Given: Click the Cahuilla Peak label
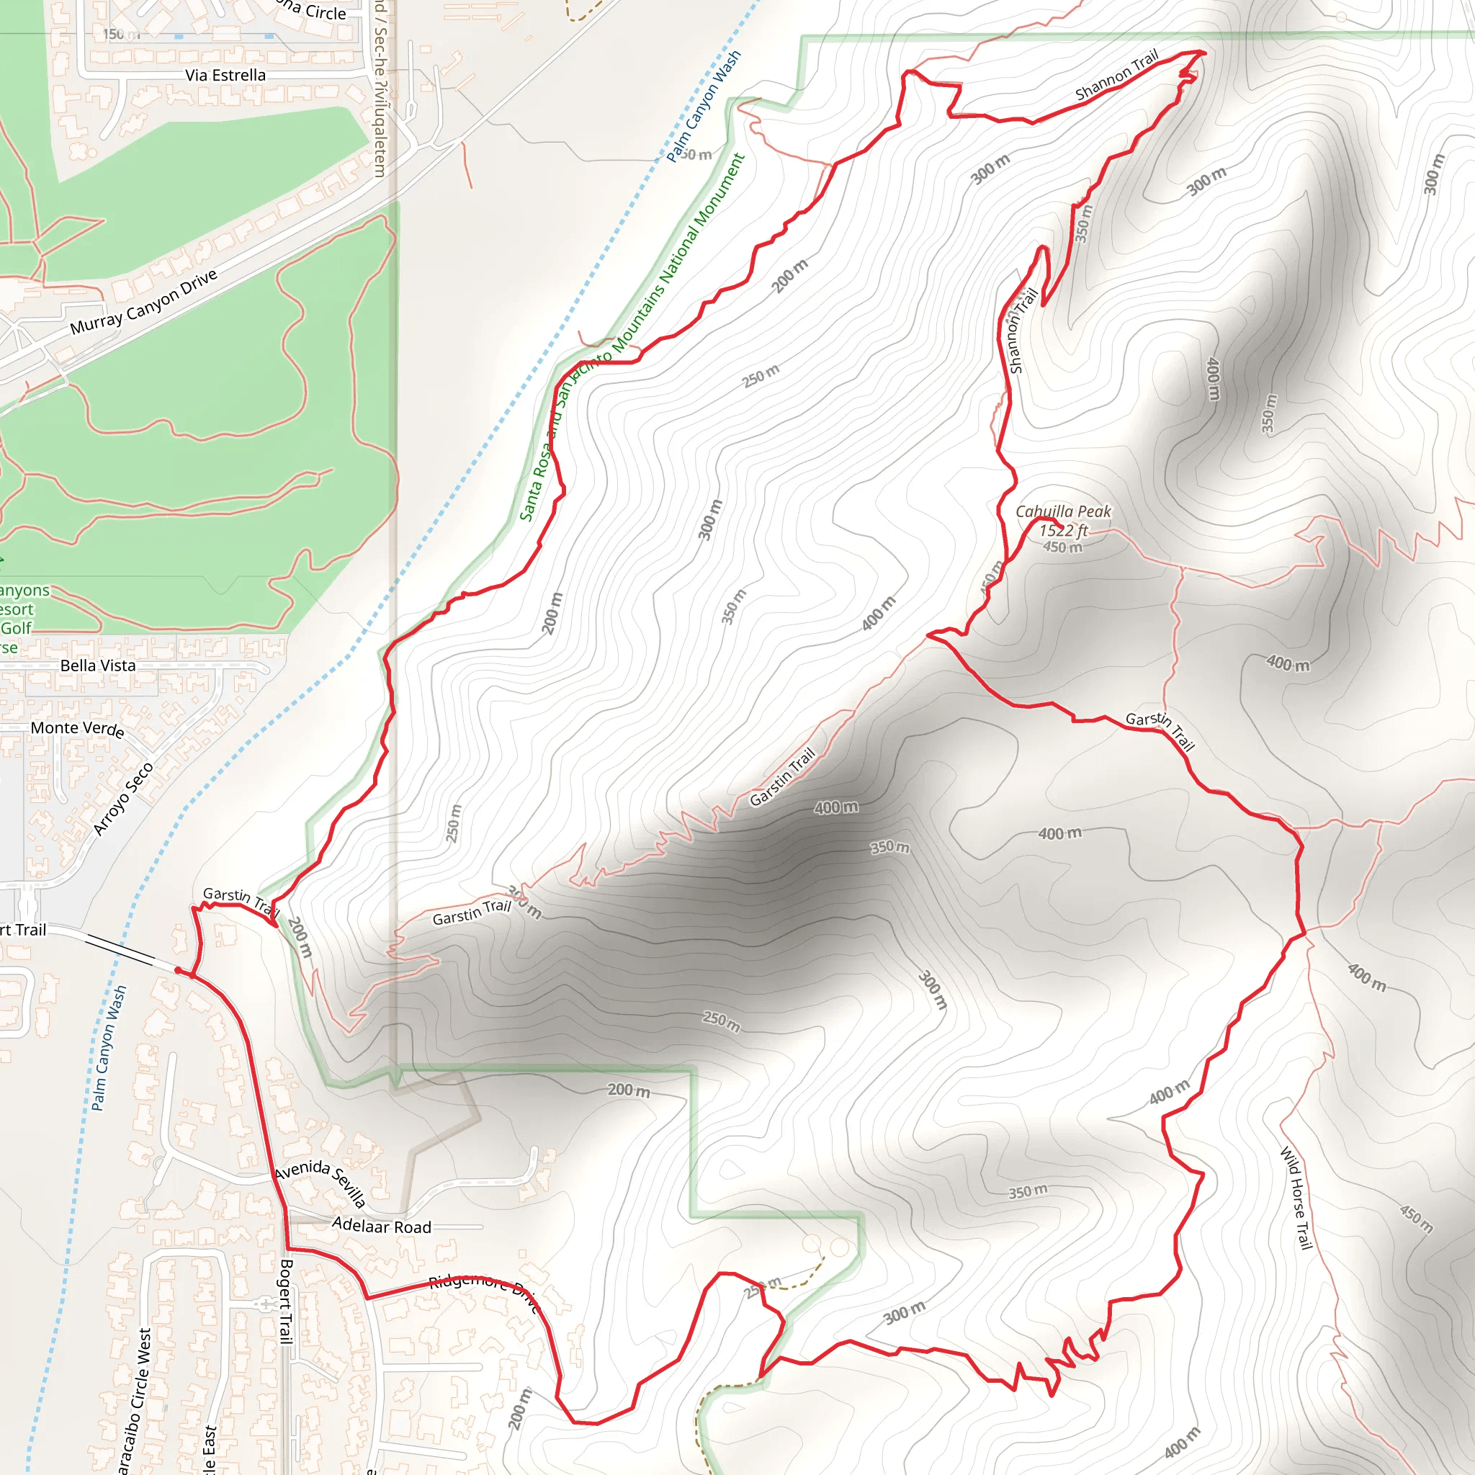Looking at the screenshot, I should pos(1063,511).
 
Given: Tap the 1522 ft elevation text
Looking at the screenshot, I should pos(1063,531).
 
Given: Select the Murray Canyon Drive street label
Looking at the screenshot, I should pos(143,302).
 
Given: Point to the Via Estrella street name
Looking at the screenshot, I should pos(225,75).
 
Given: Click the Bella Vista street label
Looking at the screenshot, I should pos(98,665).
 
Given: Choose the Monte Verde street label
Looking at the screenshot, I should pos(77,728).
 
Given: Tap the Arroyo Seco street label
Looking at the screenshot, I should pos(123,799).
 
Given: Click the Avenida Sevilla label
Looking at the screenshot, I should pos(320,1183).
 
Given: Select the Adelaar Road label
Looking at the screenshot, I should pos(382,1226).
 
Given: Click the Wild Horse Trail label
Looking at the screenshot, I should pos(1296,1198).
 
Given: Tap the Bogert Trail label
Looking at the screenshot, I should pos(285,1301).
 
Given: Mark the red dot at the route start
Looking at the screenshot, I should pos(178,970).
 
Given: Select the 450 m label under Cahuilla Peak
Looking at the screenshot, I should pos(1063,547).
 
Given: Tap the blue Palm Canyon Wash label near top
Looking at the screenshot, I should pos(703,106).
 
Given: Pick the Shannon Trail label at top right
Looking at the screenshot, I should pos(1116,75).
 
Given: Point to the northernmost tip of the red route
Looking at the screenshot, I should pos(1203,52).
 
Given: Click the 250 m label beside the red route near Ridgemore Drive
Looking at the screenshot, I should pos(763,1286).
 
